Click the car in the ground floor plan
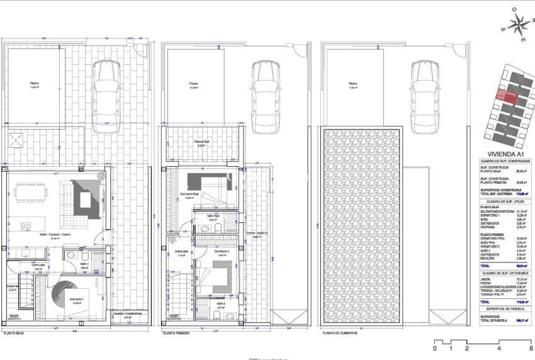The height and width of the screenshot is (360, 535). [106, 96]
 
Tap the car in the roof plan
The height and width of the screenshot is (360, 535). [425, 96]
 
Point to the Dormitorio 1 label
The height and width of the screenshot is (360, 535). [77, 299]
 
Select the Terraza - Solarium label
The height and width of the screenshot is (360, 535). [254, 233]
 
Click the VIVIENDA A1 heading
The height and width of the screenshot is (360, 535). [502, 153]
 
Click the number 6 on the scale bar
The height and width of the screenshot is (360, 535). [531, 348]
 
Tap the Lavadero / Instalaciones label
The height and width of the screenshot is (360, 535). [128, 313]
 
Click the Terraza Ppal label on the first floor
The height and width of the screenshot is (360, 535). [203, 143]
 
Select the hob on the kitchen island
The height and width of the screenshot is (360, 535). [26, 225]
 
